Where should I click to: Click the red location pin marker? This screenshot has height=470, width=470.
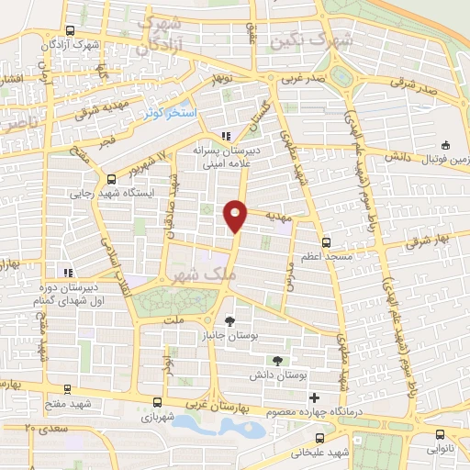click(236, 215)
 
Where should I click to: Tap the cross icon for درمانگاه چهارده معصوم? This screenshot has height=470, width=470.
click(315, 397)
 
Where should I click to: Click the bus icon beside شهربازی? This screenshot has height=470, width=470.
click(158, 402)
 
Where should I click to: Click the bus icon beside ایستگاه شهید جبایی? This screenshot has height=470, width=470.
click(111, 180)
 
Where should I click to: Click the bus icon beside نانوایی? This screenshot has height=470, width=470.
click(440, 435)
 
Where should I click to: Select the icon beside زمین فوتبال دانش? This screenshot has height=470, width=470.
click(446, 144)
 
